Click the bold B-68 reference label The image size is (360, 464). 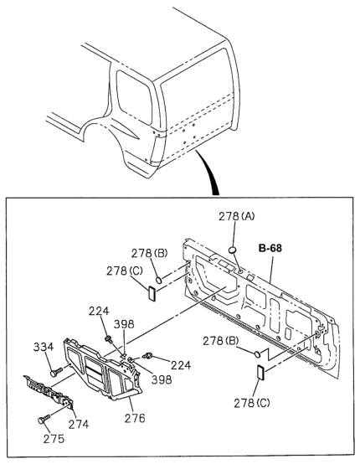click(270, 248)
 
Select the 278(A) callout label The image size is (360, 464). click(236, 217)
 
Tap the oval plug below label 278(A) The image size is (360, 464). click(233, 250)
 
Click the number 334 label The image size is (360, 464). click(44, 347)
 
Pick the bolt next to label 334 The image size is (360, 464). click(57, 372)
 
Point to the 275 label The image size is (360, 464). click(54, 439)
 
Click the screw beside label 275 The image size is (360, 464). click(44, 419)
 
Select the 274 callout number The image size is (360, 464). click(79, 425)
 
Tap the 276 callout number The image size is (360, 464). click(135, 418)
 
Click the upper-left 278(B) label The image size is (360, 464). click(149, 253)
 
